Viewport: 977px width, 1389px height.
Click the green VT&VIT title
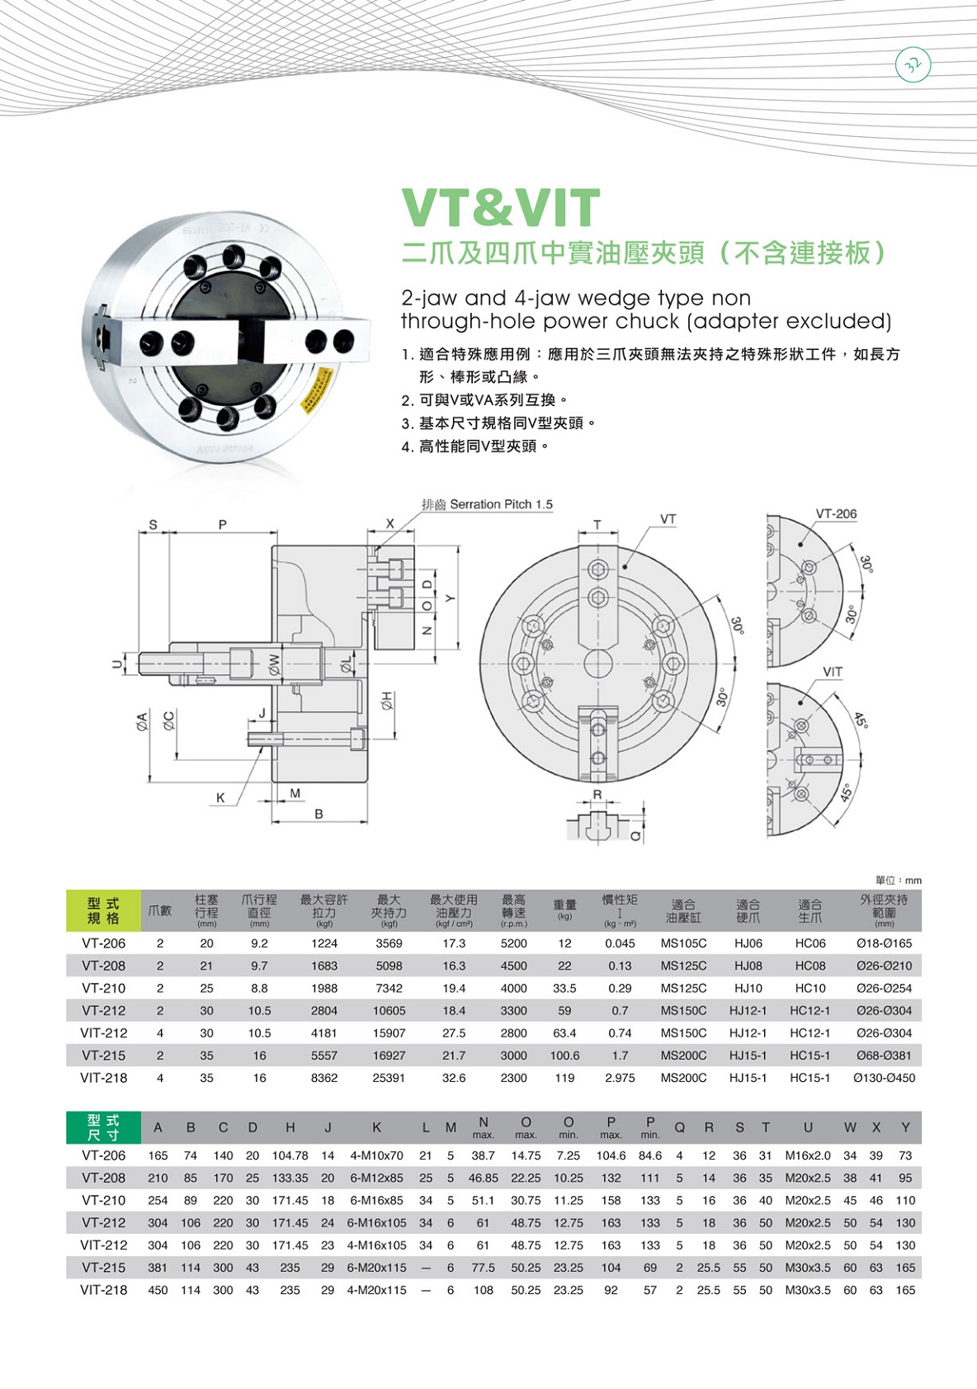click(x=502, y=208)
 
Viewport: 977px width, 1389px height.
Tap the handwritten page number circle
click(x=913, y=66)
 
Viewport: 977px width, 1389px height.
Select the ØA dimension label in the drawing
click(x=142, y=721)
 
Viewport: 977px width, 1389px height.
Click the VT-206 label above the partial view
click(x=836, y=513)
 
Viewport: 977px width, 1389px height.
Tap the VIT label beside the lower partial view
click(x=832, y=672)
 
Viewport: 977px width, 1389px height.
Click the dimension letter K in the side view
click(x=220, y=798)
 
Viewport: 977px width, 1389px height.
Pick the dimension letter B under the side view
click(x=319, y=815)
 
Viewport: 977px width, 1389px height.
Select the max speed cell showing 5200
click(x=513, y=943)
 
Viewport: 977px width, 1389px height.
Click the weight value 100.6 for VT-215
click(x=564, y=1055)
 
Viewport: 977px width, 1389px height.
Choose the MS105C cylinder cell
click(x=683, y=943)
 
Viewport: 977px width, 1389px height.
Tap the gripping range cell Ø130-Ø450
click(x=884, y=1077)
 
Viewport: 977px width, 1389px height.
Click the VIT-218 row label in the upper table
click(x=103, y=1077)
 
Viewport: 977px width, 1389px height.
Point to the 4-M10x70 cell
click(x=376, y=1155)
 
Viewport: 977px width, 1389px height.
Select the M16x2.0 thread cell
click(x=808, y=1155)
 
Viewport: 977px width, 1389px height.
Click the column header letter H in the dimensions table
click(x=290, y=1127)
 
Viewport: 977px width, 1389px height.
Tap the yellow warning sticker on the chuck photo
click(x=318, y=388)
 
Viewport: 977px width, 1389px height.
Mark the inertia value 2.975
click(x=620, y=1077)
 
